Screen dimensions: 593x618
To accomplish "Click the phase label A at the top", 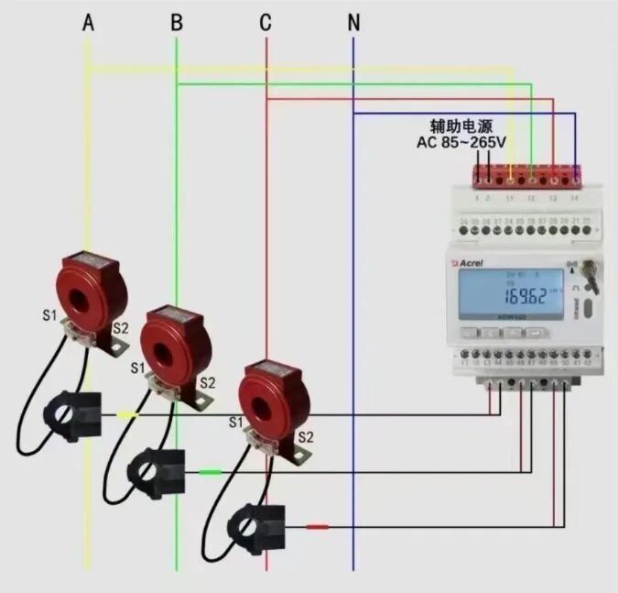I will click(x=88, y=22).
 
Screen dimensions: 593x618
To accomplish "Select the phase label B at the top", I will click(x=177, y=22).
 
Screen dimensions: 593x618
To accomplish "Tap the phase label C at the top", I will click(x=266, y=22).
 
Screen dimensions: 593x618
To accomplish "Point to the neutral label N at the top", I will click(x=353, y=22).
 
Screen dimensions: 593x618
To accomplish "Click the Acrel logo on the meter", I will click(x=469, y=262).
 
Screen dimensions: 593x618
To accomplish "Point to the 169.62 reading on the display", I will click(x=526, y=296).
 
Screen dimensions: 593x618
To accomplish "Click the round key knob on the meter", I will click(x=589, y=272).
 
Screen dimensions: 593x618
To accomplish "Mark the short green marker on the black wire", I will click(x=211, y=472).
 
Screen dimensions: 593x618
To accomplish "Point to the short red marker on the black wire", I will click(x=317, y=527).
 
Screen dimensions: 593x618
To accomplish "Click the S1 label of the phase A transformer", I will click(x=49, y=316).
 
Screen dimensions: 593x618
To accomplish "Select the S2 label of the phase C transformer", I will click(x=306, y=437).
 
